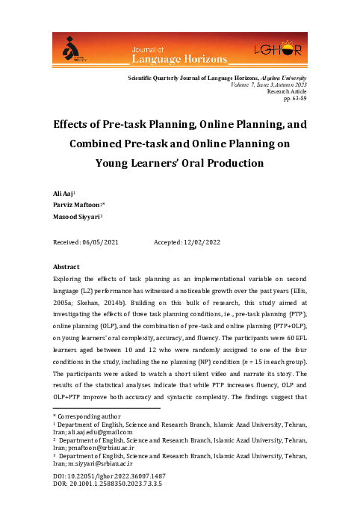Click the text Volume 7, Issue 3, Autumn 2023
pos(264,85)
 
